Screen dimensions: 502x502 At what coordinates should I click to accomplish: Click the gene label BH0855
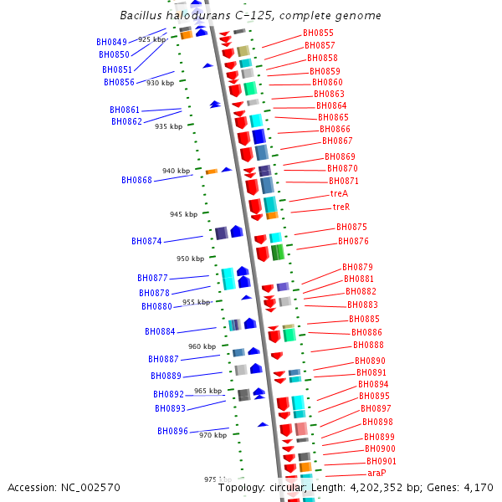coord(318,33)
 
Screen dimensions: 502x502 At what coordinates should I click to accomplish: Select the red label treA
coord(339,193)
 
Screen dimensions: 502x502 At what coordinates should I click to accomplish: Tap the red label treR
coord(341,207)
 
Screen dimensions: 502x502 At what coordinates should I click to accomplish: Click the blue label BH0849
coord(112,42)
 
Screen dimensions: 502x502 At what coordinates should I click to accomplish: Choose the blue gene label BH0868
coord(136,180)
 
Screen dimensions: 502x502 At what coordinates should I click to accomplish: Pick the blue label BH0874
coord(146,241)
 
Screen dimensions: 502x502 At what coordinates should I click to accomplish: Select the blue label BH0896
coord(172,431)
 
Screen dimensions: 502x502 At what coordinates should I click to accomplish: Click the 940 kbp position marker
coord(177,171)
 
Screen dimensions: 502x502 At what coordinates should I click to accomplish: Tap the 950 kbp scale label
coord(191,259)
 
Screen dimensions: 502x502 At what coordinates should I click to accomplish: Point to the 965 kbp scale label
coord(208,391)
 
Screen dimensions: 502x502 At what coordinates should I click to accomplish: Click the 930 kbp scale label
coord(161,83)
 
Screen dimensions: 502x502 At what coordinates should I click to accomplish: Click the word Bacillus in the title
coord(142,16)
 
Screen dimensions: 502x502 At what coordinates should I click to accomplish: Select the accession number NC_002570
coord(88,488)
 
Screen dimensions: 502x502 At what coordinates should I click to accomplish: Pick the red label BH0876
coord(353,241)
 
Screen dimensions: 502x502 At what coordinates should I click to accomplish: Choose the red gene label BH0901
coord(381,461)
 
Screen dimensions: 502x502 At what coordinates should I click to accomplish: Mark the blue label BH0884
coord(160,331)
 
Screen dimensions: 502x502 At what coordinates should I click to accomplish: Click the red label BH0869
coord(340,156)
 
